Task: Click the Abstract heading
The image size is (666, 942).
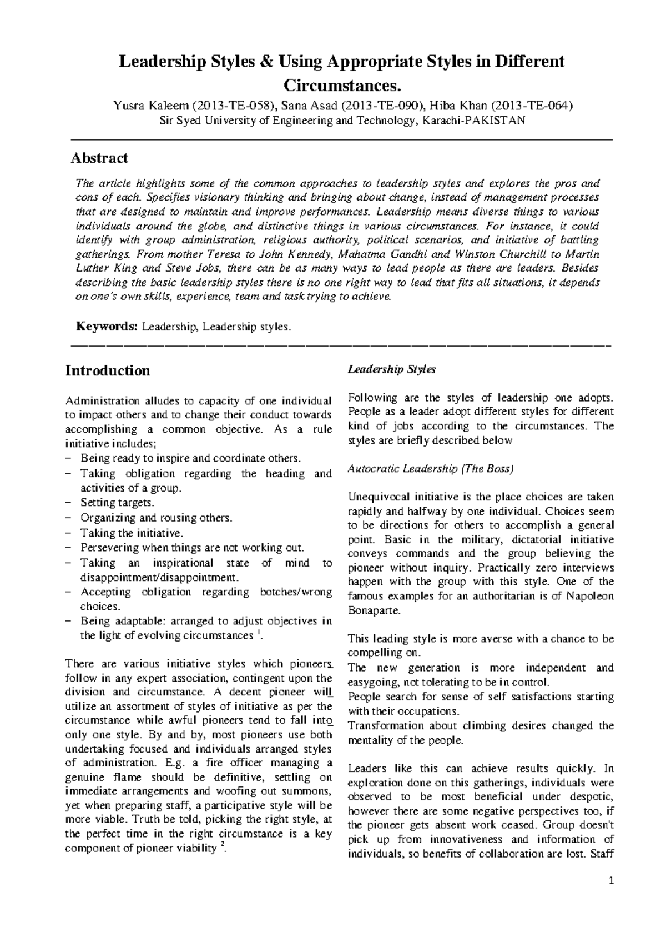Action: tap(99, 158)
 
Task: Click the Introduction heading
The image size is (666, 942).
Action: tap(107, 370)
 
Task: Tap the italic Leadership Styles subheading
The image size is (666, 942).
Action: tap(391, 369)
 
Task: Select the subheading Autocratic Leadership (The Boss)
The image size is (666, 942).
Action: tap(431, 469)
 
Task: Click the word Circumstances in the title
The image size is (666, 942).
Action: tap(341, 86)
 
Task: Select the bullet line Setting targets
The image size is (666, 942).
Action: tap(117, 503)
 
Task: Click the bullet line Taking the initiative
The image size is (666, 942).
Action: tap(132, 533)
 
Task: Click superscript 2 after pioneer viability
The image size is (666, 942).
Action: tap(223, 845)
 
